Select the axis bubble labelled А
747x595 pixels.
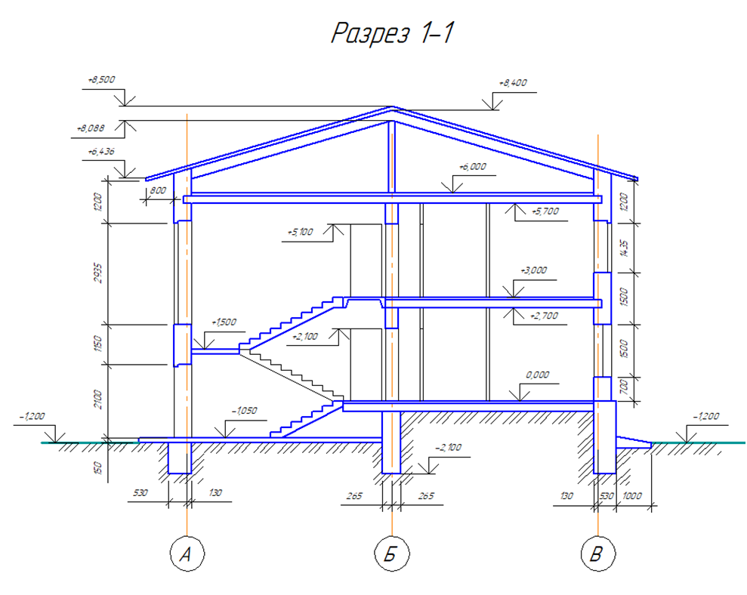tap(186, 555)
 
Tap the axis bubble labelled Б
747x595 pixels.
tap(391, 555)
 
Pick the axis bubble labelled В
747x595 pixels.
tap(597, 555)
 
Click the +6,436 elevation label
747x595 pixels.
tap(100, 152)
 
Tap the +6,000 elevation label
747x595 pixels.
tap(473, 167)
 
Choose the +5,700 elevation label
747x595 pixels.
tap(545, 211)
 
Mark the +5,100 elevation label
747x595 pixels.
tap(300, 232)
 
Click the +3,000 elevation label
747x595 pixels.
tap(533, 270)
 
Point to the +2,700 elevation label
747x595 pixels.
tap(544, 316)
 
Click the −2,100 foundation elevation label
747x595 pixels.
tap(448, 448)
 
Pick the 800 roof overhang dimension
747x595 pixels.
tap(157, 191)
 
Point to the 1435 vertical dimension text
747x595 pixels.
tap(624, 247)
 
